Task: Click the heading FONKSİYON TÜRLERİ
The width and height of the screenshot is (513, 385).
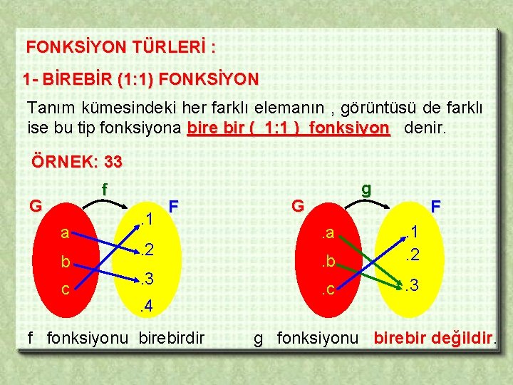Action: pyautogui.click(x=120, y=48)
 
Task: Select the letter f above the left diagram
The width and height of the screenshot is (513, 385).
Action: pyautogui.click(x=105, y=190)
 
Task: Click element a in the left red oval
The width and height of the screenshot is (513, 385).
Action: pyautogui.click(x=65, y=232)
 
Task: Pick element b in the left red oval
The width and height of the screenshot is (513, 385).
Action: pyautogui.click(x=65, y=262)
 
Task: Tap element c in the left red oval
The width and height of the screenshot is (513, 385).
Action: pyautogui.click(x=65, y=290)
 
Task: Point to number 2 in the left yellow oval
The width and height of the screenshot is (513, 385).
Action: pyautogui.click(x=147, y=249)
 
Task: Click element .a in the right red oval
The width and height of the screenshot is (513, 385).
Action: pyautogui.click(x=328, y=232)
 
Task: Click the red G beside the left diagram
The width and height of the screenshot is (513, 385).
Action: pyautogui.click(x=35, y=206)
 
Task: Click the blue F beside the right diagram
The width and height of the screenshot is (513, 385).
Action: pyautogui.click(x=436, y=206)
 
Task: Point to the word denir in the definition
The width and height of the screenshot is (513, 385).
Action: pyautogui.click(x=425, y=129)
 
